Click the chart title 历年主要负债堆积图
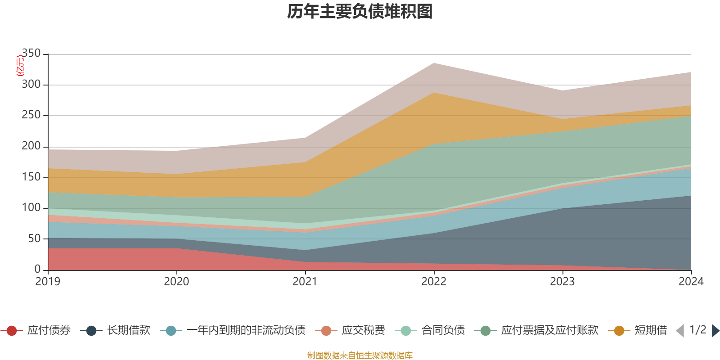pyautogui.click(x=360, y=12)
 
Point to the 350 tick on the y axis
pyautogui.click(x=31, y=54)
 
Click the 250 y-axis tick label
pyautogui.click(x=31, y=115)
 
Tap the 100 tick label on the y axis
pyautogui.click(x=31, y=208)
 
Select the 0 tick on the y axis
pyautogui.click(x=37, y=269)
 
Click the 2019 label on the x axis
pyautogui.click(x=48, y=282)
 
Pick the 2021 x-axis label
pyautogui.click(x=305, y=282)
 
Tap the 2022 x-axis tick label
pyautogui.click(x=434, y=282)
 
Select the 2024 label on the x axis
pyautogui.click(x=691, y=282)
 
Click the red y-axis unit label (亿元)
pyautogui.click(x=20, y=66)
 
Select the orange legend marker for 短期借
pyautogui.click(x=619, y=331)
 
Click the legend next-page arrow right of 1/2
pyautogui.click(x=715, y=331)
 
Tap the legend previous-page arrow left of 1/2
pyautogui.click(x=680, y=331)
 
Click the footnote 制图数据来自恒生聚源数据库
pyautogui.click(x=360, y=355)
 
